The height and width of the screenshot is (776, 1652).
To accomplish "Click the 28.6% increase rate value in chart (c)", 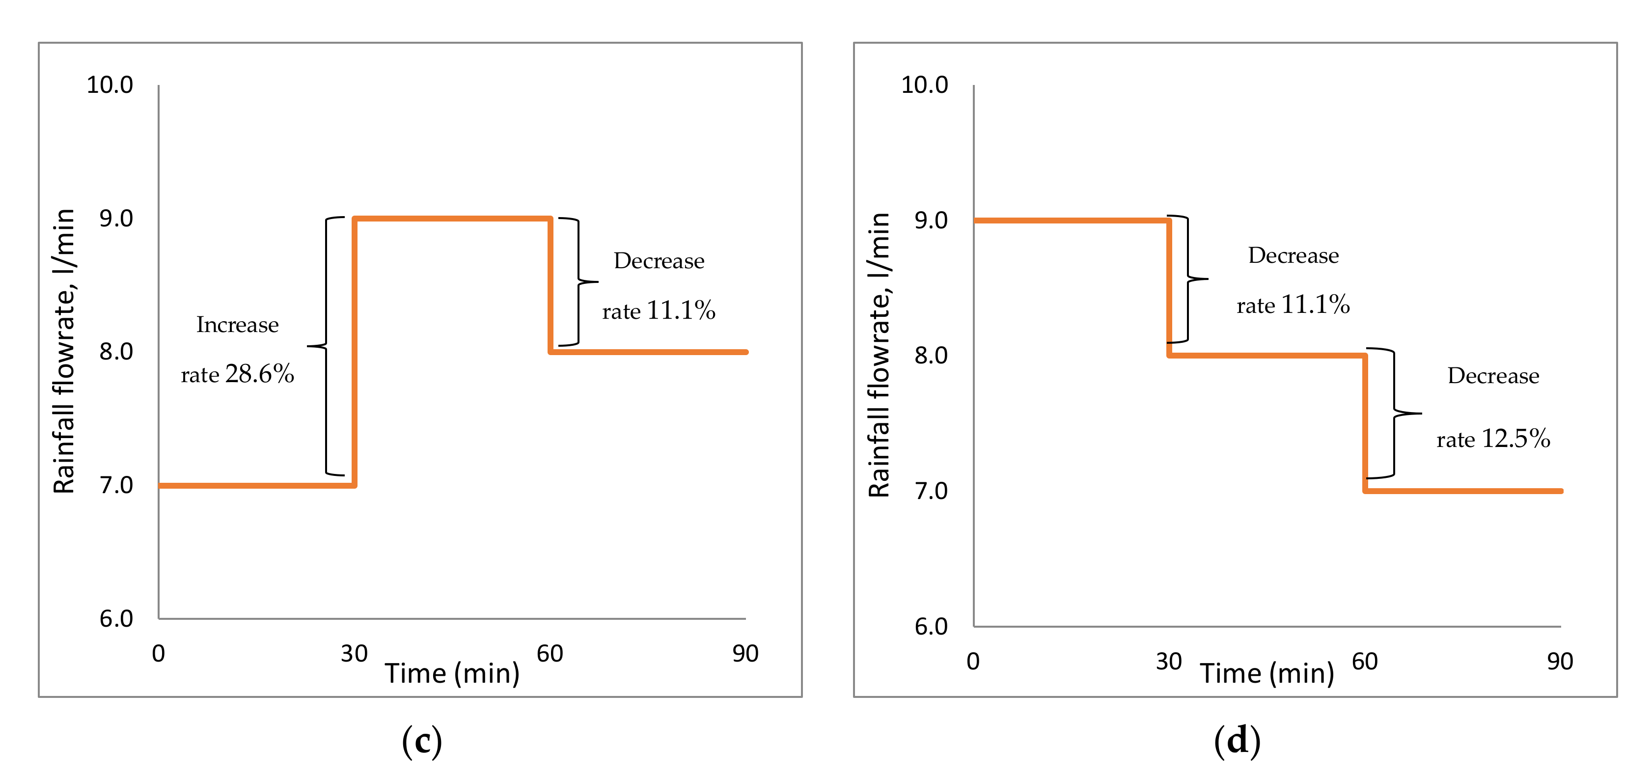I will click(x=259, y=374).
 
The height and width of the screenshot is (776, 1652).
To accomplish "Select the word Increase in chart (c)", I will click(x=237, y=325).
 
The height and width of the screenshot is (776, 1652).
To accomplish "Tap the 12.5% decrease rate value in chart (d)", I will click(x=1515, y=439).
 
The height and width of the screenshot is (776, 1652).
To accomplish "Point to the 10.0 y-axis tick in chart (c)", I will click(x=110, y=84).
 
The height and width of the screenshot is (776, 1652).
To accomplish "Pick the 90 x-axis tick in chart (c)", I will click(x=745, y=654).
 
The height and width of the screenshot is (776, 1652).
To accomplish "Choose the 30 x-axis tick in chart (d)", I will click(x=1168, y=661).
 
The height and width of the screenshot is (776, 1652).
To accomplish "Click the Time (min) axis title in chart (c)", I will click(x=452, y=673).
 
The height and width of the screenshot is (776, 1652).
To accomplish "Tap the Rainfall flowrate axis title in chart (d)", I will click(x=879, y=355).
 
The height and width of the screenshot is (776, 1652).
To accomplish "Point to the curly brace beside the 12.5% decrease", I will click(x=1397, y=413).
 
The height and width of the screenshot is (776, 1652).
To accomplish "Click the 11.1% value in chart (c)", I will click(x=681, y=310).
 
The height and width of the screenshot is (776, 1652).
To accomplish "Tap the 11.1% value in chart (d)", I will click(x=1315, y=305).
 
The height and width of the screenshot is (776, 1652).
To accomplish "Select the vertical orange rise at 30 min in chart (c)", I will click(x=354, y=353).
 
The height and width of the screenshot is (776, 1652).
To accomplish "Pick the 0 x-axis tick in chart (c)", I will click(x=159, y=654).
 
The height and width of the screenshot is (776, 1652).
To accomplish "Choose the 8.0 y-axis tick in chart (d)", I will click(x=931, y=355).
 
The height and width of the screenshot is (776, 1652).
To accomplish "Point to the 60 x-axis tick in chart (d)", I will click(x=1365, y=661).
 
